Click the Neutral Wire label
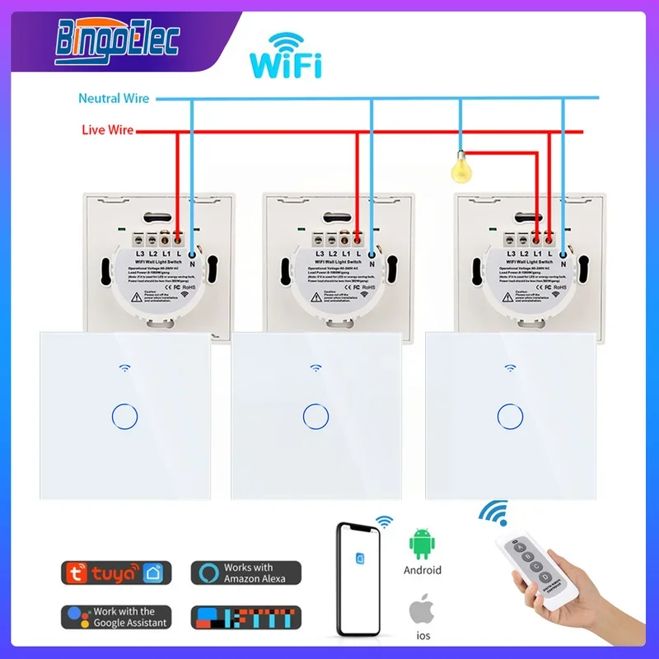[114, 98]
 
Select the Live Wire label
[107, 130]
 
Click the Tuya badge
[116, 573]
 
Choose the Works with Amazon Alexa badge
[245, 573]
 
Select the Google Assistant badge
[116, 617]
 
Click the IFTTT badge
[245, 617]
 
